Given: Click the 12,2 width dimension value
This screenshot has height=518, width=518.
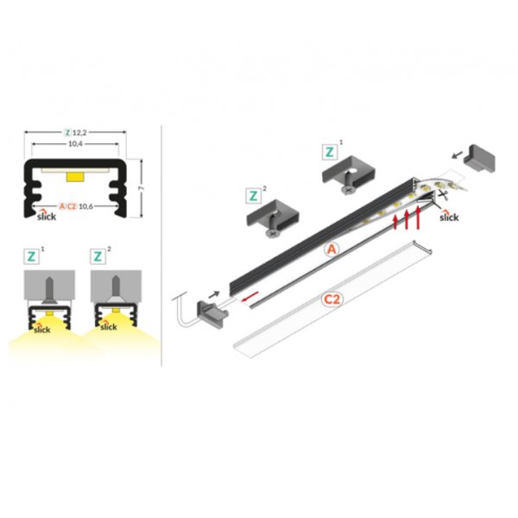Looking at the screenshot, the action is (x=79, y=132).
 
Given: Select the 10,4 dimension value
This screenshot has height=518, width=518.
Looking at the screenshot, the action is (x=75, y=143).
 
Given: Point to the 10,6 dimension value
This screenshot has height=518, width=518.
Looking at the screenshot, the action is (x=85, y=206).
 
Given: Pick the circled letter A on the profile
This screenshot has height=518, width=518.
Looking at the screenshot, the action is (x=332, y=250).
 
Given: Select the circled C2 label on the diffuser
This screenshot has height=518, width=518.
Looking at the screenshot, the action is (x=332, y=300).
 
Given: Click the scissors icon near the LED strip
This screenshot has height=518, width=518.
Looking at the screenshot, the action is (x=443, y=194).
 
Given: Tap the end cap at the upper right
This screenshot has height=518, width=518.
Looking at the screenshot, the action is (x=479, y=158).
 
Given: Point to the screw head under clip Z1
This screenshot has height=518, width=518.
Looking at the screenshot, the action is (x=349, y=190).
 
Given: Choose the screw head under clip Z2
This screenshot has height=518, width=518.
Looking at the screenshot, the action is (x=273, y=233).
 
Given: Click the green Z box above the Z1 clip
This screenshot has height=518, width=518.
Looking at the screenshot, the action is (x=330, y=152).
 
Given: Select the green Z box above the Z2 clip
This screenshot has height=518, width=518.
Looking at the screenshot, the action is (x=253, y=196).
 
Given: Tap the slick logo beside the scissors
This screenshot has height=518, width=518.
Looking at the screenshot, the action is (x=449, y=216).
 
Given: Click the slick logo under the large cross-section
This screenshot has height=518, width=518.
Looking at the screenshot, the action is (x=47, y=215).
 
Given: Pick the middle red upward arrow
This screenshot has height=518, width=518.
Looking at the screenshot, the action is (x=407, y=219).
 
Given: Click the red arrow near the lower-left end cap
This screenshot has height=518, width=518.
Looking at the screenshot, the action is (x=250, y=296).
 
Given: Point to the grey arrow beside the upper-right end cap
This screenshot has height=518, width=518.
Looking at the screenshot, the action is (x=458, y=155).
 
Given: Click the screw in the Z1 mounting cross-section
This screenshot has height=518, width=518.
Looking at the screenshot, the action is (x=49, y=290).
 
